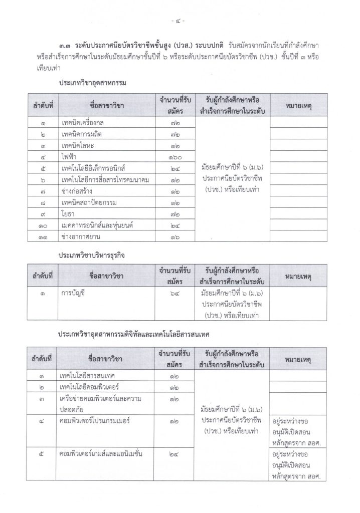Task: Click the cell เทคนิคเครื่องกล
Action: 83,123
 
